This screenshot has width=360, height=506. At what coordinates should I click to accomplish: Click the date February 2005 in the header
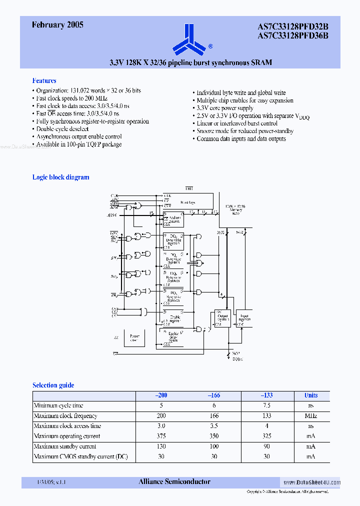[57, 24]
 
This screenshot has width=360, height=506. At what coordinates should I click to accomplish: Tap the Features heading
[44, 80]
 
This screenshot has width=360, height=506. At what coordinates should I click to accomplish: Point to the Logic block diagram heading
[60, 177]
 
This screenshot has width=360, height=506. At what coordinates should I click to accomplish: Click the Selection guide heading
[53, 385]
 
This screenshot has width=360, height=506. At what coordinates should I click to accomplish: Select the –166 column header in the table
[214, 395]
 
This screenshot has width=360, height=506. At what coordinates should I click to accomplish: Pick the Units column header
[311, 395]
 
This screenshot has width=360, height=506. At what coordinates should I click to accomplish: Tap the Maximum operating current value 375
[161, 436]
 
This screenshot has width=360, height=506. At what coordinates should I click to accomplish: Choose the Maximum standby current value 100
[214, 446]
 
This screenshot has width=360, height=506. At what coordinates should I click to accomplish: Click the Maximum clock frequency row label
[65, 415]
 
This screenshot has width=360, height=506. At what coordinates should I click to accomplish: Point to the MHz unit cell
[311, 415]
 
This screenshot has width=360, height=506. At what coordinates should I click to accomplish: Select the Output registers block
[222, 317]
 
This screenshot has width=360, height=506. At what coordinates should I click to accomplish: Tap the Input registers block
[244, 317]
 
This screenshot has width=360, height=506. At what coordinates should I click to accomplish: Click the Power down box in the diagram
[134, 338]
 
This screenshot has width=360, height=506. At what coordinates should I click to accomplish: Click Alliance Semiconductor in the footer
[174, 481]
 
